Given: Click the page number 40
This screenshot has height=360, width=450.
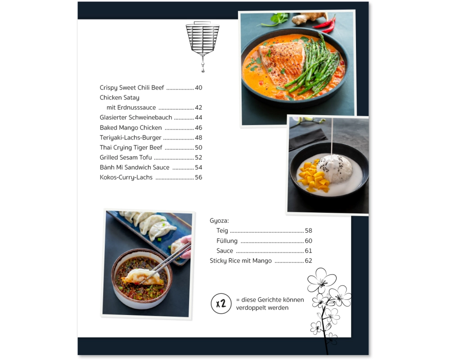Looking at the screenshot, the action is click(x=198, y=88).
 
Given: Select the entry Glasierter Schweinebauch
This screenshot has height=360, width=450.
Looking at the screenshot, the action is click(x=136, y=117).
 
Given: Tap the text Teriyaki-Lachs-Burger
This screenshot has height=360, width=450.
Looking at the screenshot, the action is click(x=130, y=138).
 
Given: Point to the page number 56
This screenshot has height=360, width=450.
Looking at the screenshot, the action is click(x=198, y=177).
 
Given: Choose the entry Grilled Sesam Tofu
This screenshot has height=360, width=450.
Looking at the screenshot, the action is click(x=126, y=157).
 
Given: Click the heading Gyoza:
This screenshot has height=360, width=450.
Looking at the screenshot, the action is click(x=219, y=221).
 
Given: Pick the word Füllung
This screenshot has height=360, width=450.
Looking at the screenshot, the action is click(x=227, y=241).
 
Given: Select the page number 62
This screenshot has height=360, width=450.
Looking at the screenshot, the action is click(x=309, y=261).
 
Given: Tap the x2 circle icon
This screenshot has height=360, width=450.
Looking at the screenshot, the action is click(x=221, y=303).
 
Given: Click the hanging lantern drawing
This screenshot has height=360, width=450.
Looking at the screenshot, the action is click(x=202, y=46).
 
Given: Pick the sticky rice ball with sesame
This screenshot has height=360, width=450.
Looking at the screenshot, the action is click(x=335, y=168).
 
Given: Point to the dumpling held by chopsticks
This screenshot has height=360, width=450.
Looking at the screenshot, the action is click(x=142, y=277).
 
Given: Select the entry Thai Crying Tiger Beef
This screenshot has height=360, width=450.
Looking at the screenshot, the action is click(x=131, y=148).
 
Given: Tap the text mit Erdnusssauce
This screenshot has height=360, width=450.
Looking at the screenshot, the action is click(x=131, y=108).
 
